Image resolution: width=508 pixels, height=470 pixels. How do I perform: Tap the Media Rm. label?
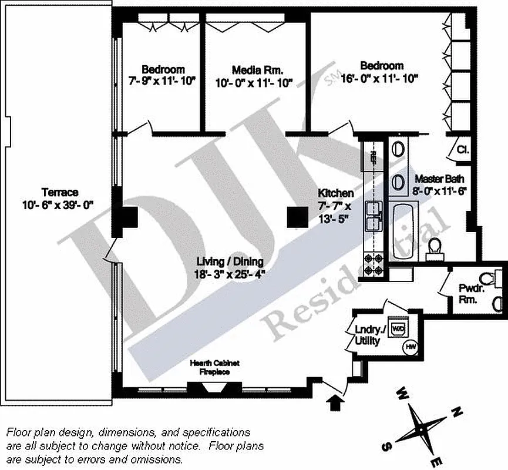254,70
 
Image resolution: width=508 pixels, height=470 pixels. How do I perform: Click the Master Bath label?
440,179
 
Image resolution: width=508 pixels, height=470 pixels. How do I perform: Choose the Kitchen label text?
335,193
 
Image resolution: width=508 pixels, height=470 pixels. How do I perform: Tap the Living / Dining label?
230,262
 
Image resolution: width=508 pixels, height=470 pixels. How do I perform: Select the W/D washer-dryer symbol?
398,328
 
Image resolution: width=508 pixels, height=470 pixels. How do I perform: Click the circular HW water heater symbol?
409,348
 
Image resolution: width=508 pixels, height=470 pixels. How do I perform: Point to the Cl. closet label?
462,150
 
